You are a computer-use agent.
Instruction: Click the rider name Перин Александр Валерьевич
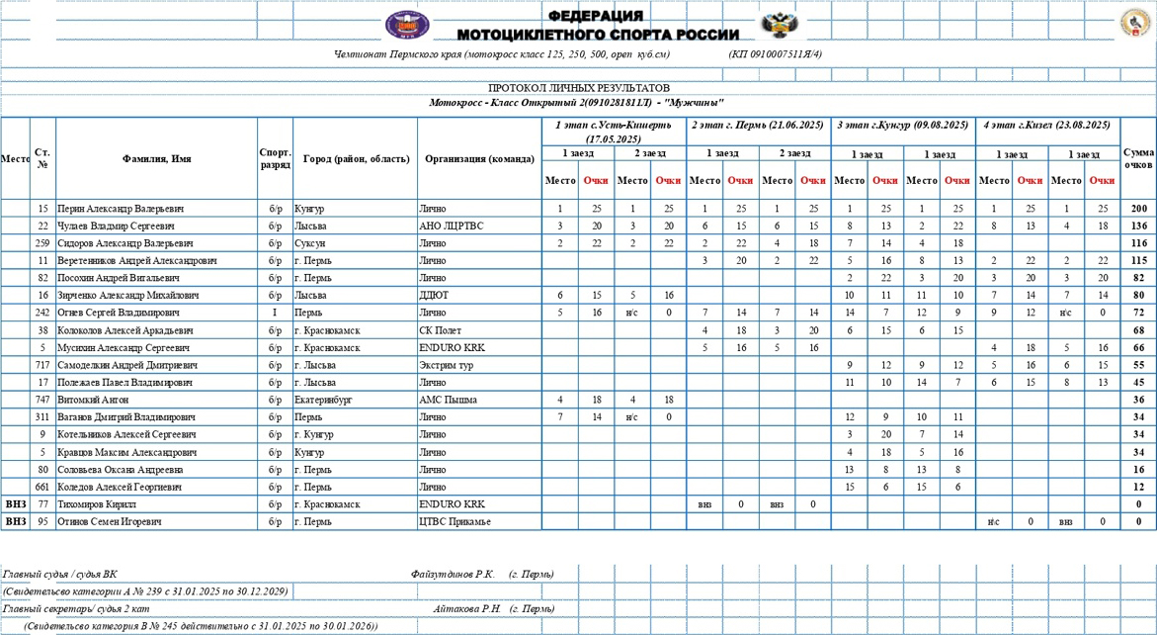pos(122,209)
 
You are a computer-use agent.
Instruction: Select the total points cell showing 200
pos(1138,209)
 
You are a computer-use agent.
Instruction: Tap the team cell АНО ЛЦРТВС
pos(452,227)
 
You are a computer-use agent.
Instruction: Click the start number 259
pos(42,243)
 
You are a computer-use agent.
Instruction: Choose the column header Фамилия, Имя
pos(156,159)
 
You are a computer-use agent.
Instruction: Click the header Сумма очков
pos(1138,159)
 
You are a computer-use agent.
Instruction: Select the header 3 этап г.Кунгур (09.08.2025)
pos(902,126)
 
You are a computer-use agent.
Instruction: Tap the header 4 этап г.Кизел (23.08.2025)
pos(1047,126)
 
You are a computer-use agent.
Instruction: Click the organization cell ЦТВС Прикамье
pos(455,521)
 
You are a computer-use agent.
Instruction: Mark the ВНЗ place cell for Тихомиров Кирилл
pos(16,504)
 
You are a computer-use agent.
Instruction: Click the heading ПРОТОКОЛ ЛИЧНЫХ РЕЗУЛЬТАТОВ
pos(578,88)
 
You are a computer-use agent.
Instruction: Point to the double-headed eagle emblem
pos(780,25)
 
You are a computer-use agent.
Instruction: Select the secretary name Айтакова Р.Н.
pos(467,609)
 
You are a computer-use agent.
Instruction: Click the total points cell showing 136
pos(1138,227)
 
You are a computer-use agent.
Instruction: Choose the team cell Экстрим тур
pos(446,365)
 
